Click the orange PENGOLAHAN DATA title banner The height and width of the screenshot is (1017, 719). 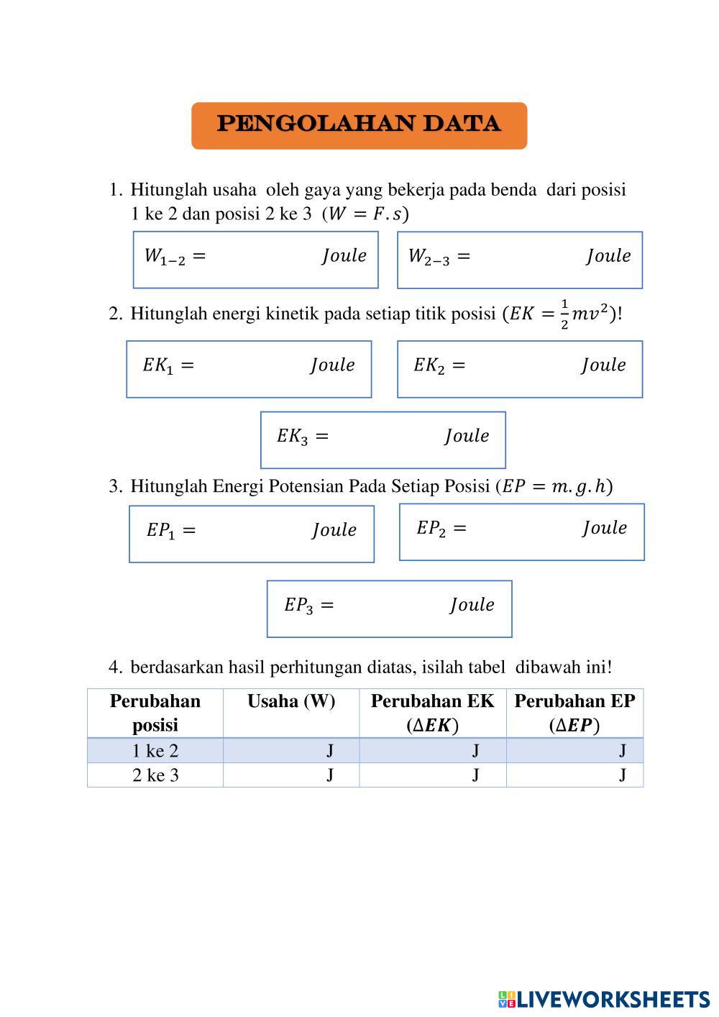359,125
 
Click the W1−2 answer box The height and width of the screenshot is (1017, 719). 255,260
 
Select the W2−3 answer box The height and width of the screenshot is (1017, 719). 519,260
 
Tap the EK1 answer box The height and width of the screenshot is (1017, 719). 249,368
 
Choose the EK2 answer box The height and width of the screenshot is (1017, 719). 519,368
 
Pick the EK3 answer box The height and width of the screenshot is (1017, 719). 383,439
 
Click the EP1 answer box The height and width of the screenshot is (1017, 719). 251,534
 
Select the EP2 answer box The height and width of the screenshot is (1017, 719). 521,532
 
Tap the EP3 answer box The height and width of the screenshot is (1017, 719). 389,608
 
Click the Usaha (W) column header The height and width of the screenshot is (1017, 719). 291,702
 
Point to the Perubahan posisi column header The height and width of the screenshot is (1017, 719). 155,713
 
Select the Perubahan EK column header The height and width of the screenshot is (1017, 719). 432,713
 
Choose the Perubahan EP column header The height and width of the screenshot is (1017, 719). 574,713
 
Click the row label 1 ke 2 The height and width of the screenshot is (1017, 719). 155,751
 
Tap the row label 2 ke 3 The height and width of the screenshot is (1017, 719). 155,775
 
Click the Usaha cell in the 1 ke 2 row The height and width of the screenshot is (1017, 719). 291,751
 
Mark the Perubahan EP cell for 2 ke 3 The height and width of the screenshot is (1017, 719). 574,775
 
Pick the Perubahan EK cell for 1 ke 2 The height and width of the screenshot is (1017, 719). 432,751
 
